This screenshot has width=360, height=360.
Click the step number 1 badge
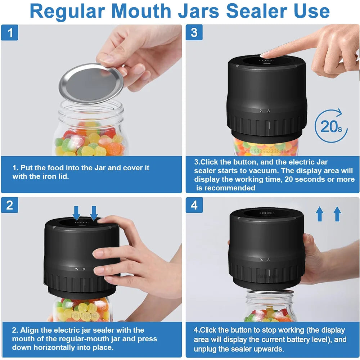[10, 33]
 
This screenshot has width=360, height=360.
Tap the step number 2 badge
[10, 205]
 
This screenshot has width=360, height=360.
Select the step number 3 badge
[194, 33]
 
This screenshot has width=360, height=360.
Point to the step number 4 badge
[194, 205]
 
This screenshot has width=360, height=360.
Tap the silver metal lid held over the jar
[91, 83]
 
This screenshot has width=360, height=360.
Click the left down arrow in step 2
[76, 212]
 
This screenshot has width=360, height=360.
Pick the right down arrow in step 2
[94, 212]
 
